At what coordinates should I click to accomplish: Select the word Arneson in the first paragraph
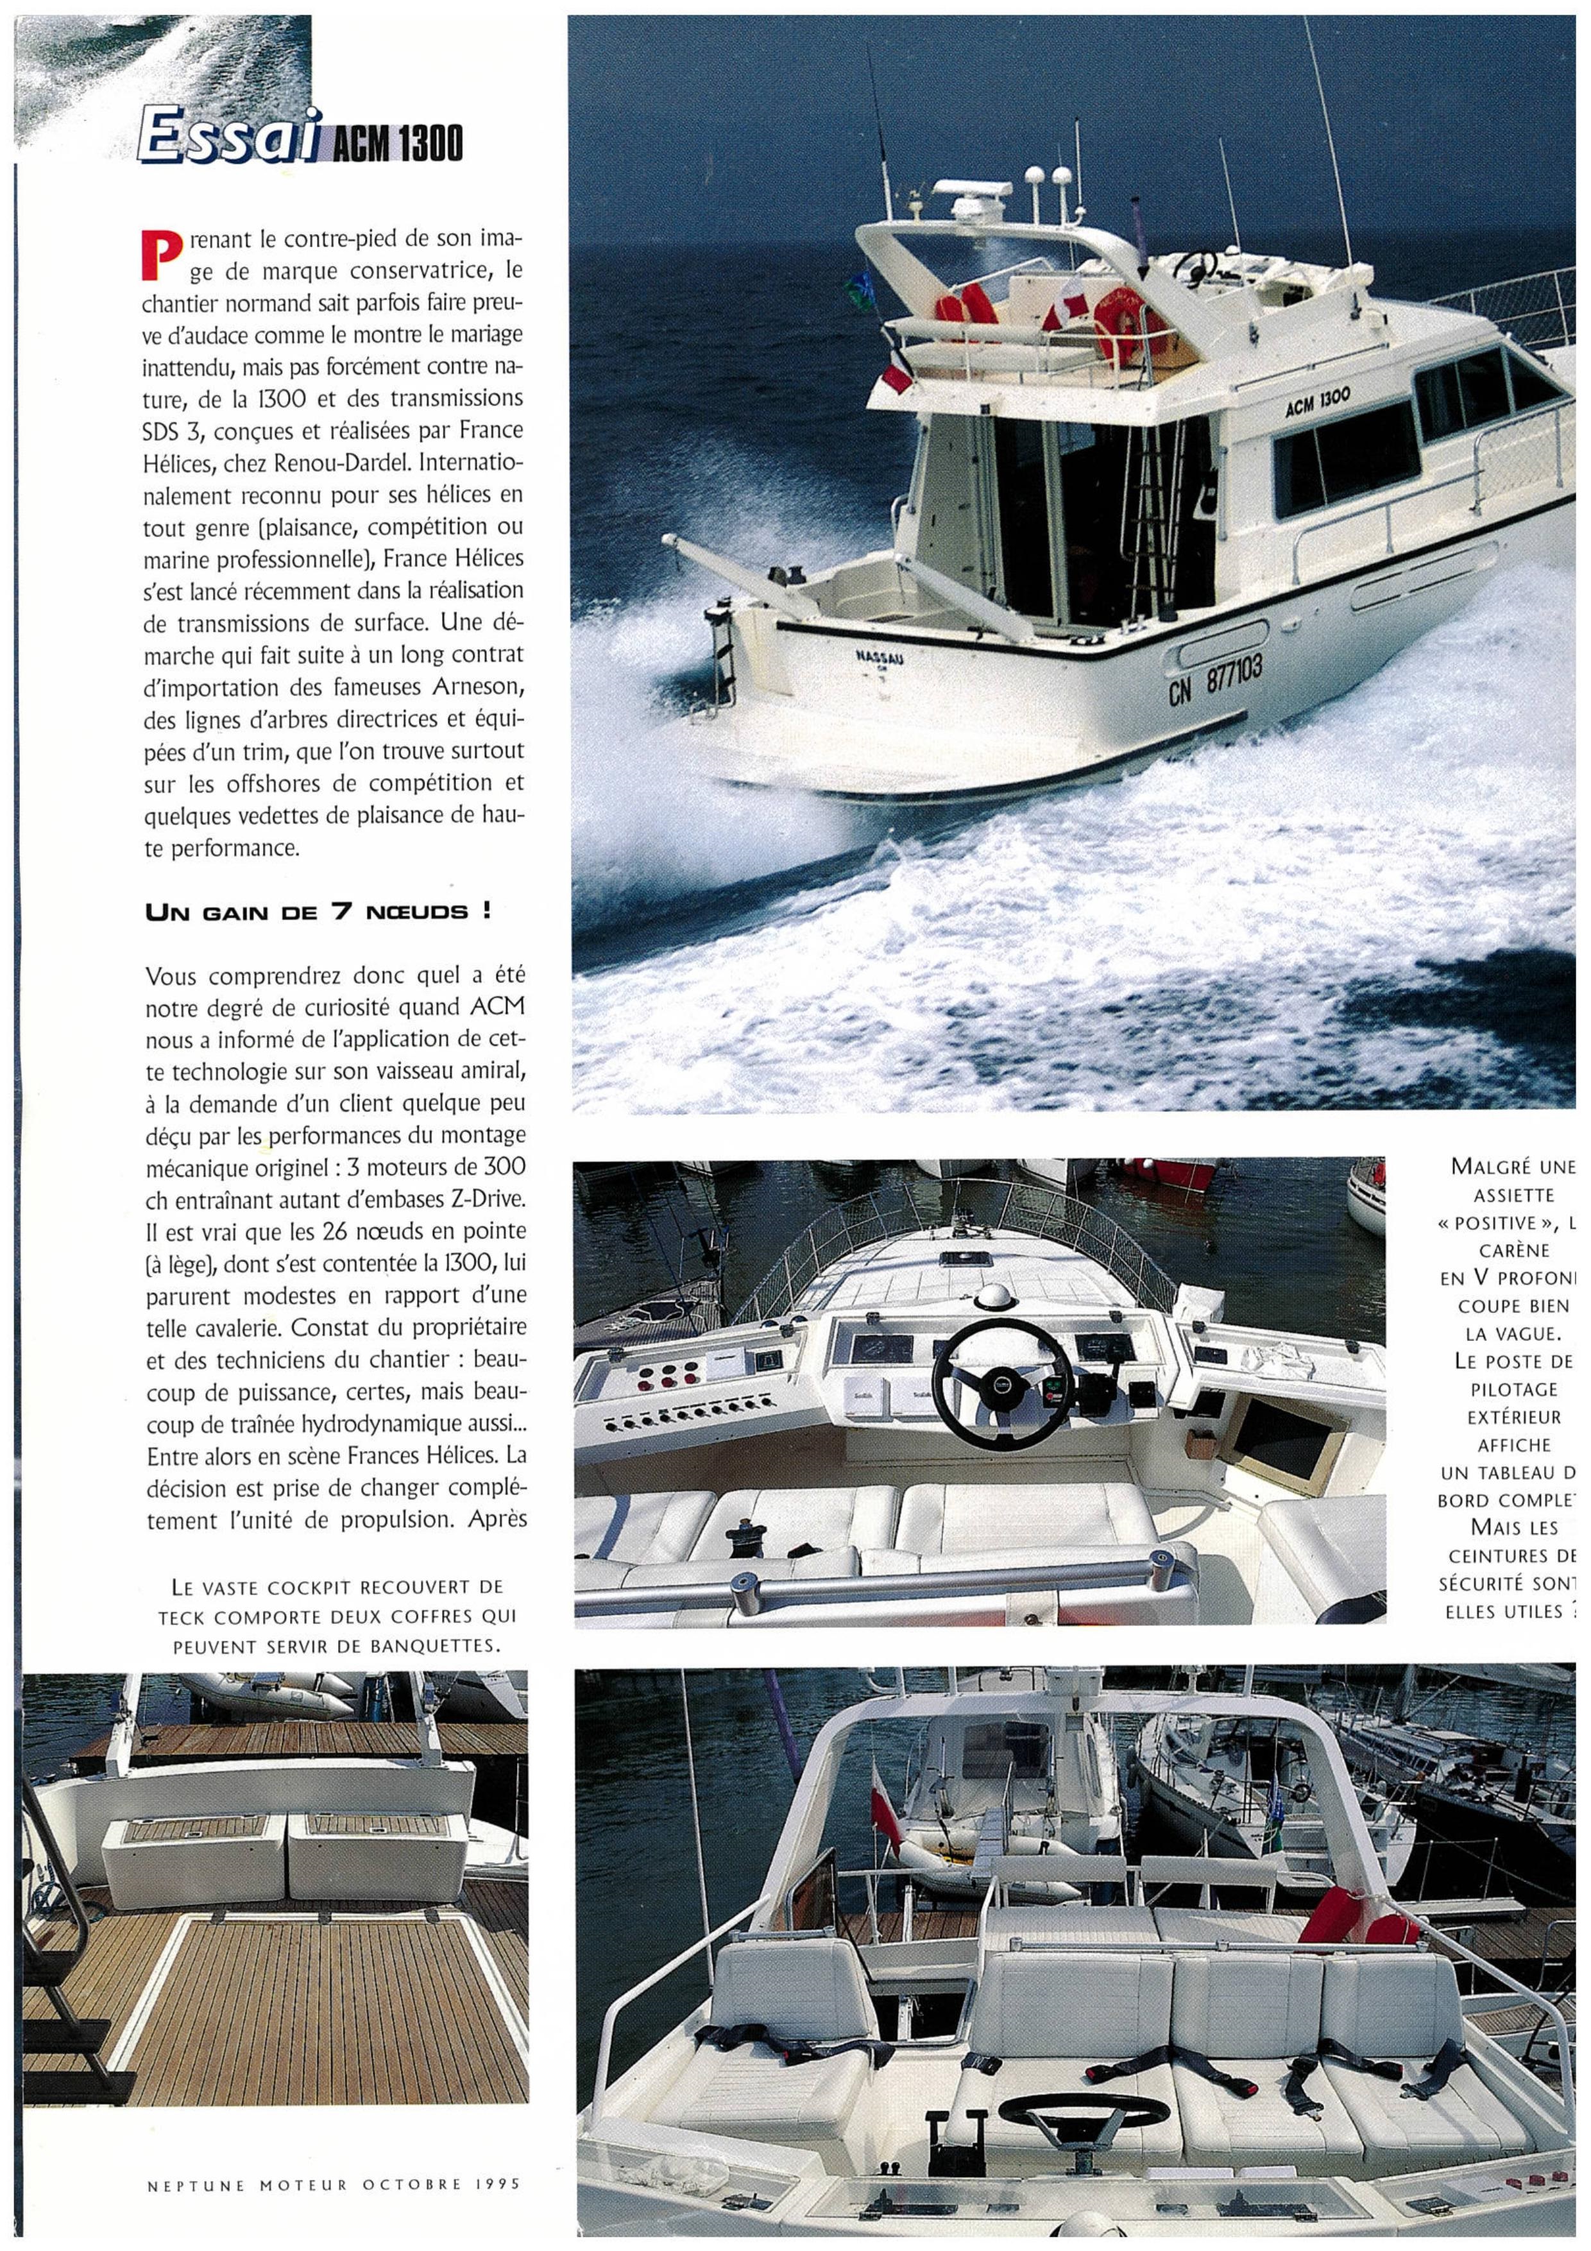(x=468, y=687)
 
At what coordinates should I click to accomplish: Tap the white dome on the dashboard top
(x=993, y=1297)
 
